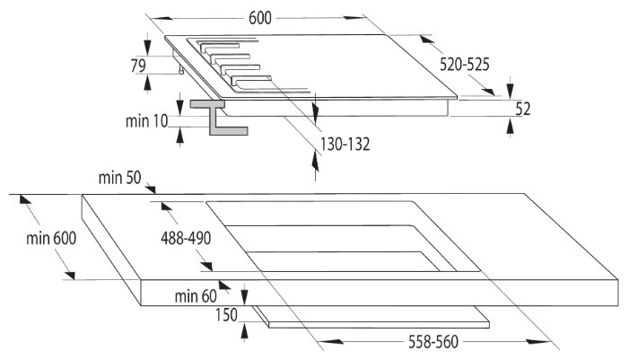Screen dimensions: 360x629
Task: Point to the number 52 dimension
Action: coord(524,109)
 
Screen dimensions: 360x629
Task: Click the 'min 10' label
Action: coord(147,120)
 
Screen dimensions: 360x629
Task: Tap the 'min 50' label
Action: coord(121,178)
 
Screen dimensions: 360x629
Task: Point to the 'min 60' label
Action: coord(196,295)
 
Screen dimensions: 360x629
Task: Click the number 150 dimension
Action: coord(227,315)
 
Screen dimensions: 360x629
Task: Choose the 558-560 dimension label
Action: coord(433,342)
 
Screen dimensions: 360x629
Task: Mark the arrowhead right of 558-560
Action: coord(547,341)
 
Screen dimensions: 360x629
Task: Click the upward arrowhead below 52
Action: coord(511,125)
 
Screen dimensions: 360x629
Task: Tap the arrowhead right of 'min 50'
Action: coord(152,189)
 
